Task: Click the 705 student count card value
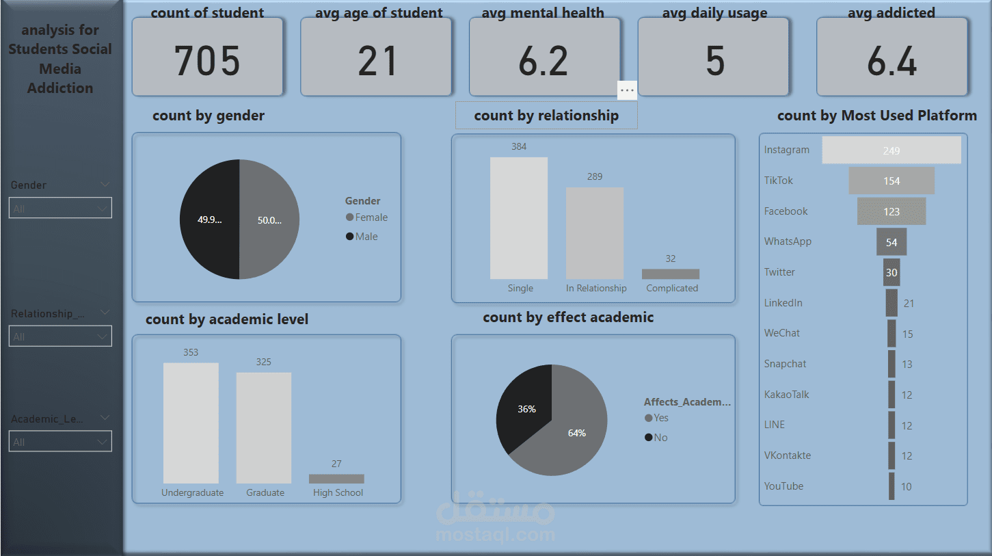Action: point(207,60)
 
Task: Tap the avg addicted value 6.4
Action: point(892,62)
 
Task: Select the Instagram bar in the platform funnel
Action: point(891,150)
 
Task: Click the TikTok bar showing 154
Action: point(892,181)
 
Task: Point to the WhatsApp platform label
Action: point(788,241)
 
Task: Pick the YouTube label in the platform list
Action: point(783,486)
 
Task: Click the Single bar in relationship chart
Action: point(519,217)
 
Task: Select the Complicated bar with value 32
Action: point(670,274)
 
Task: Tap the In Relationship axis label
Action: point(596,288)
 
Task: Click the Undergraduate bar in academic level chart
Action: point(191,423)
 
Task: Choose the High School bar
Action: point(336,479)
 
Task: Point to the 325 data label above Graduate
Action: point(263,362)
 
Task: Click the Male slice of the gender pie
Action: point(209,220)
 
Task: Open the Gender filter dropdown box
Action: point(60,209)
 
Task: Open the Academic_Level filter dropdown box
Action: point(60,442)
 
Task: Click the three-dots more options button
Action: point(627,90)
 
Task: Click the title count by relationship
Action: point(546,116)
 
